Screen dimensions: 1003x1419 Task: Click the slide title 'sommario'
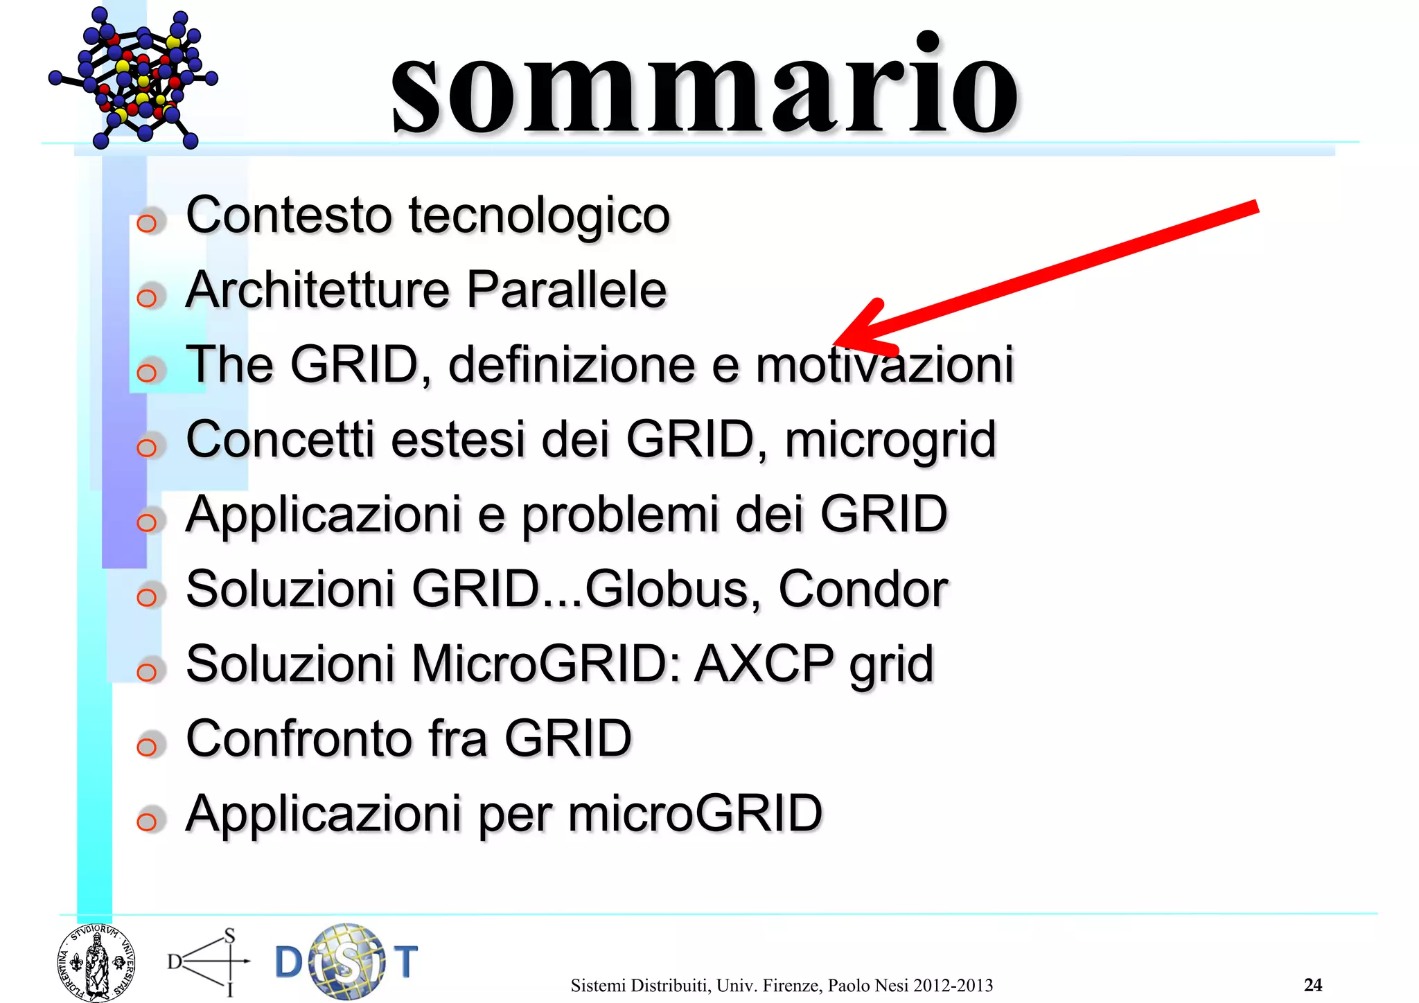pos(704,87)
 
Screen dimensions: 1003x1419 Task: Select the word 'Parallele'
pos(566,290)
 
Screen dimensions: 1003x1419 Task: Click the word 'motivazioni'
pos(885,364)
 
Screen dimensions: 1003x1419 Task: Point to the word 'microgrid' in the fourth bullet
pos(890,441)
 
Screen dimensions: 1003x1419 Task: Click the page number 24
pos(1313,984)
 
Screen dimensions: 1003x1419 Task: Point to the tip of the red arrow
pos(837,342)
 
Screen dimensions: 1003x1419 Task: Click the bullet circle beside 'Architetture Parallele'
pos(147,298)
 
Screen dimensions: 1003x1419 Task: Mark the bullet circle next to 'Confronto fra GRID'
pos(147,747)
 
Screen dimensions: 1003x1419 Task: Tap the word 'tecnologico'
pos(539,215)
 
